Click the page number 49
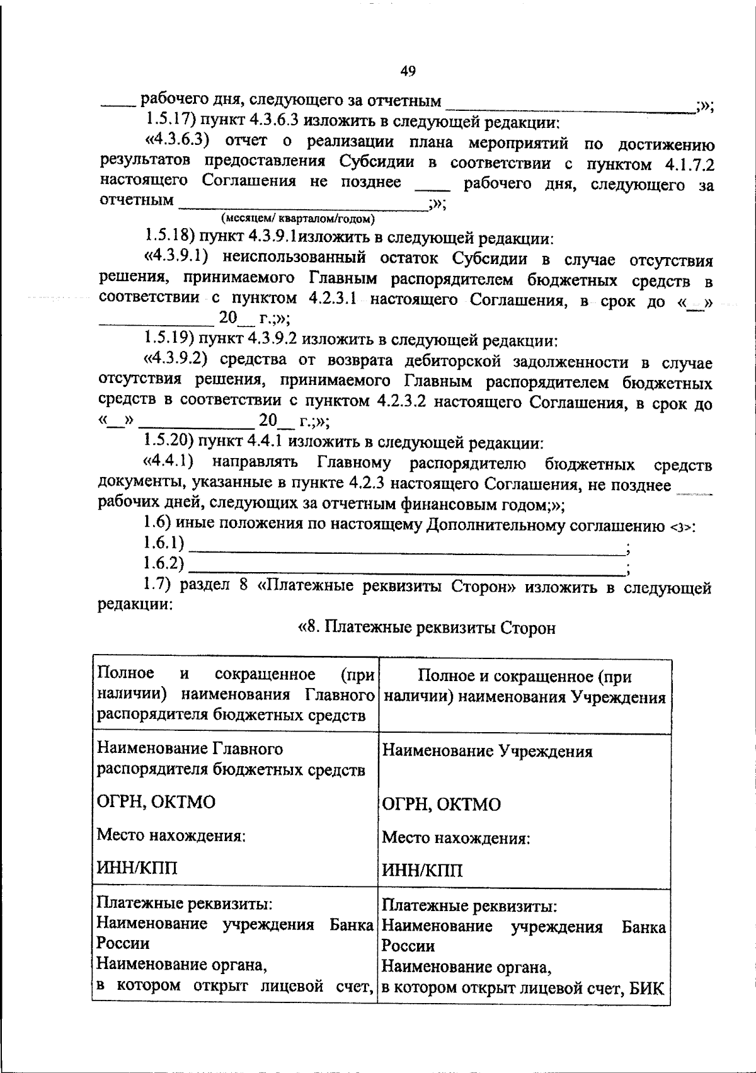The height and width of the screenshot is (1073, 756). [x=408, y=71]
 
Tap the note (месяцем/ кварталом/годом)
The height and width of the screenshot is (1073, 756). [x=297, y=219]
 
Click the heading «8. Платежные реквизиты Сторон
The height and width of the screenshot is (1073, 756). [x=427, y=628]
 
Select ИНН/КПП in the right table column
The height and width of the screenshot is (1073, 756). [x=422, y=870]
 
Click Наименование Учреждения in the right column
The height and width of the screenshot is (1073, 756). [x=487, y=751]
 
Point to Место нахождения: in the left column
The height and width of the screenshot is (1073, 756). [x=170, y=835]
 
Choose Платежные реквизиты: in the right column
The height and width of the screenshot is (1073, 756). [x=469, y=906]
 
